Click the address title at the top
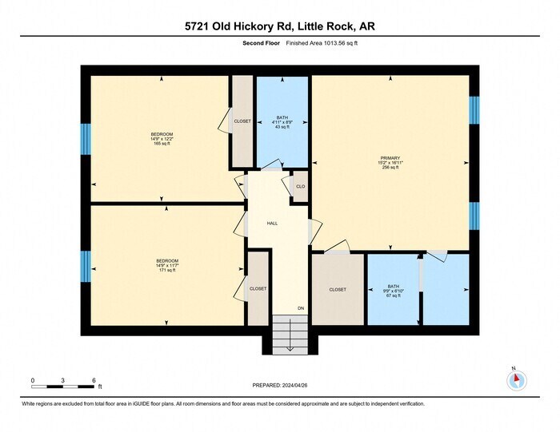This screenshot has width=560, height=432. click(x=280, y=26)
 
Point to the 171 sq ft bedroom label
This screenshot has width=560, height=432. click(x=166, y=266)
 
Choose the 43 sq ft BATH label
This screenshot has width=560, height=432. click(x=282, y=121)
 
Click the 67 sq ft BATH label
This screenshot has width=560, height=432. click(x=393, y=290)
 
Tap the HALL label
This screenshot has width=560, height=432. click(x=272, y=224)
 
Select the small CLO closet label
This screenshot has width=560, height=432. click(x=300, y=187)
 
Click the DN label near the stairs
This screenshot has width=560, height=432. click(x=278, y=308)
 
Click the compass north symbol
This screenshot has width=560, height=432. click(x=516, y=379)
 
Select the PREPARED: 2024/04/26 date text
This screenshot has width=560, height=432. click(x=280, y=386)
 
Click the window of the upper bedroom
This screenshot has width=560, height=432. click(x=85, y=139)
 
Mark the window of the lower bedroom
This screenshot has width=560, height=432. click(x=85, y=266)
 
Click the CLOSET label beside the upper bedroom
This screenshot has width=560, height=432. click(x=242, y=121)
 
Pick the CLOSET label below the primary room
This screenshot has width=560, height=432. click(x=337, y=290)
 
